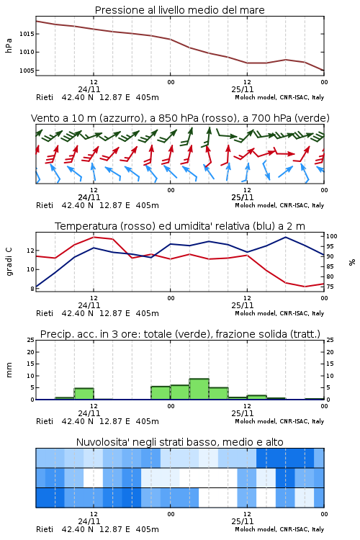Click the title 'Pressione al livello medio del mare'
click(x=179, y=10)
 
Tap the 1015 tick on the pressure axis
click(x=27, y=34)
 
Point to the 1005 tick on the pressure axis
click(x=27, y=71)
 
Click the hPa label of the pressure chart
click(x=9, y=45)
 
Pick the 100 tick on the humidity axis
click(x=332, y=236)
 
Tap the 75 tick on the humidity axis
click(x=330, y=287)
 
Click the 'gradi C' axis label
click(x=9, y=261)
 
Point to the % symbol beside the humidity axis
click(x=352, y=262)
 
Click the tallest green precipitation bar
click(x=199, y=389)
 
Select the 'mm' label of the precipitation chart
click(x=9, y=369)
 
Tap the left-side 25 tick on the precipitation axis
click(x=31, y=340)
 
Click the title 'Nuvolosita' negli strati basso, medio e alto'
click(x=179, y=442)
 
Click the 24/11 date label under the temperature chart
click(x=89, y=305)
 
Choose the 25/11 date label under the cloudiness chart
click(x=243, y=521)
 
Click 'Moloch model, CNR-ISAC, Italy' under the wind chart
click(x=279, y=205)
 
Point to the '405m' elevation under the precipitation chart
click(x=148, y=421)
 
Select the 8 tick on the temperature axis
click(x=32, y=289)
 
